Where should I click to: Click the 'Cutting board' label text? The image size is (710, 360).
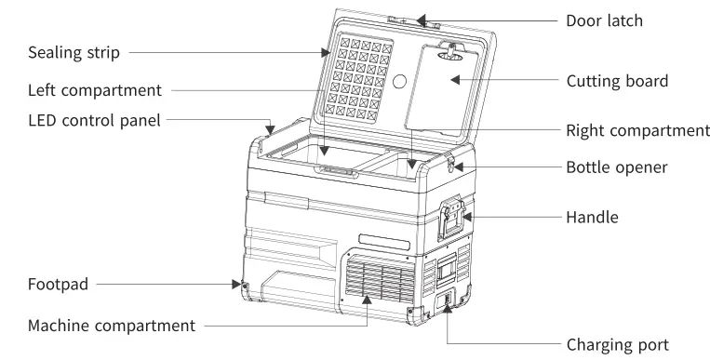[x=617, y=81]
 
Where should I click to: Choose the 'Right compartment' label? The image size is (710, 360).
[x=637, y=130]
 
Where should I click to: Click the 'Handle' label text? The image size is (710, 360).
[x=593, y=218]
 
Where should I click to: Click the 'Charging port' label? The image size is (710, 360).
[x=617, y=344]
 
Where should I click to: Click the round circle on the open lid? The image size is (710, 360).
[x=401, y=82]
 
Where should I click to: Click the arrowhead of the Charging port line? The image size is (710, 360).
[x=449, y=308]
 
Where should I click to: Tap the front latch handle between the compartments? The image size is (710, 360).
[x=338, y=172]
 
